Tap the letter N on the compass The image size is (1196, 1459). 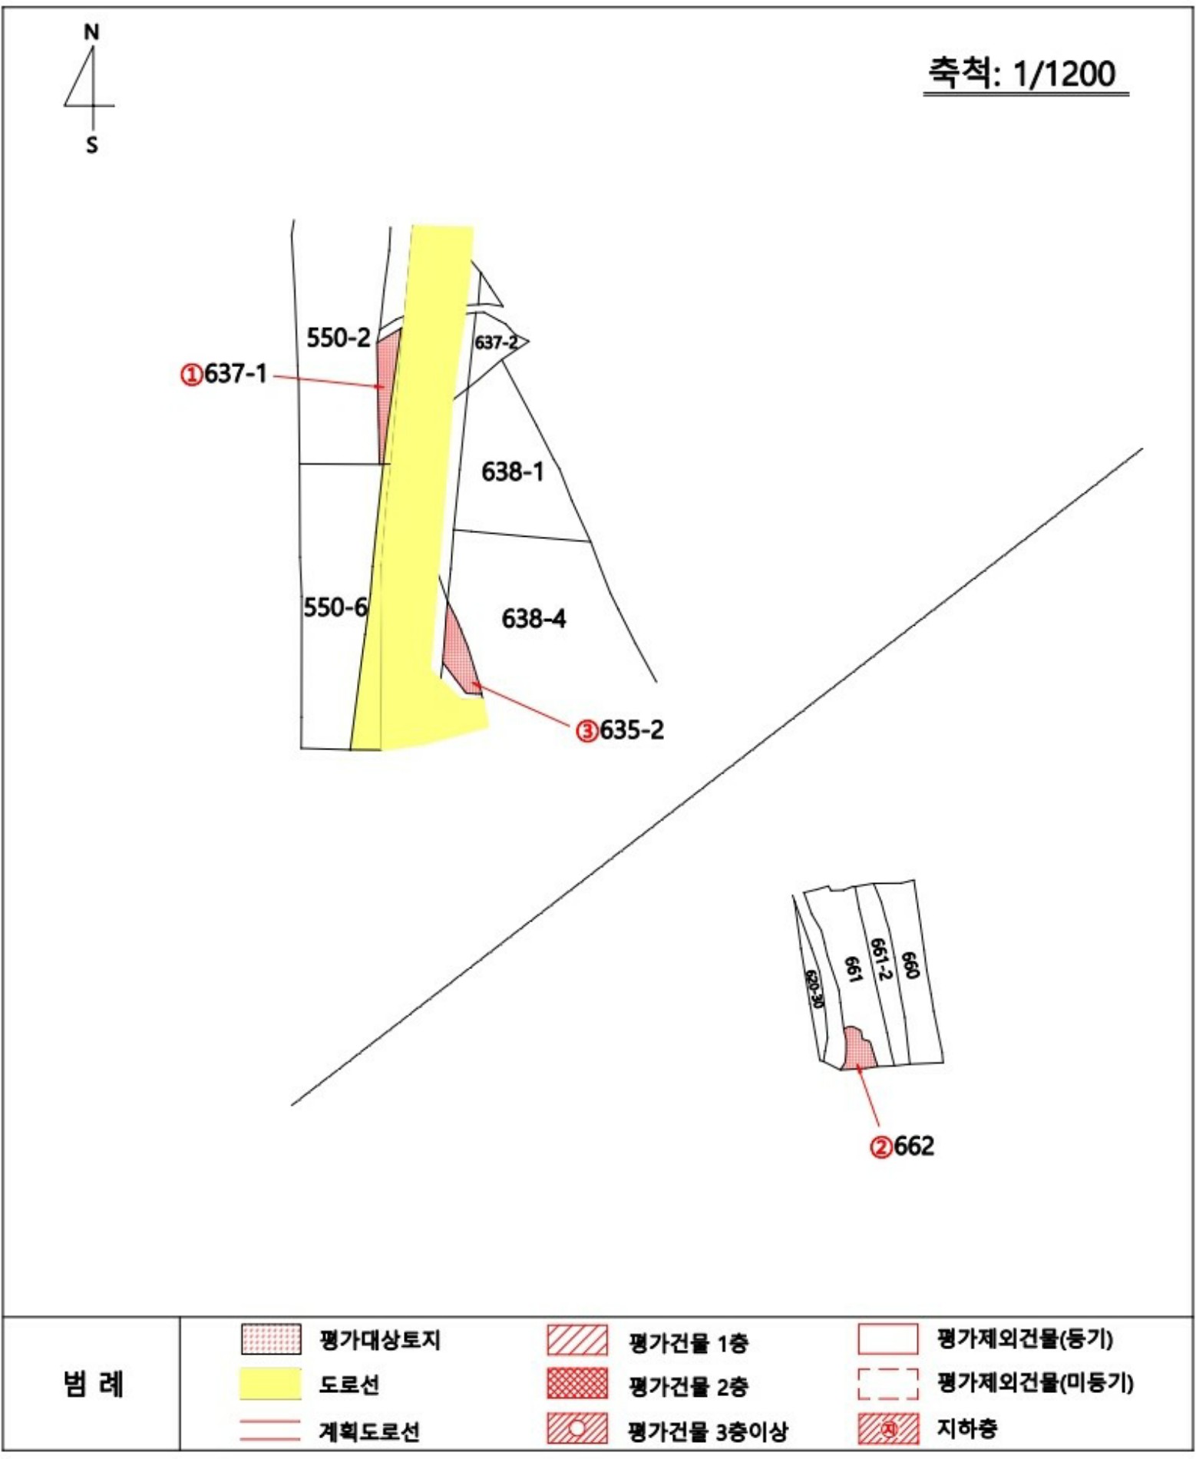pyautogui.click(x=92, y=32)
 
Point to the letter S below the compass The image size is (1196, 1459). pyautogui.click(x=92, y=145)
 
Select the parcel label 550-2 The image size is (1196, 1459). pyautogui.click(x=339, y=337)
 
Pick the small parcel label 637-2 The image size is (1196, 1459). pyautogui.click(x=496, y=342)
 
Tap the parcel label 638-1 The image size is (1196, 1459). pyautogui.click(x=513, y=471)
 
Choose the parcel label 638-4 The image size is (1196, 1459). pyautogui.click(x=534, y=618)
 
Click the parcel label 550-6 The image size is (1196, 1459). pyautogui.click(x=335, y=607)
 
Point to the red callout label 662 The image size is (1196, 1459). pyautogui.click(x=903, y=1146)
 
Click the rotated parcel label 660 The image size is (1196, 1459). pyautogui.click(x=910, y=965)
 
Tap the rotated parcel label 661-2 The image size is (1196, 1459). pyautogui.click(x=880, y=959)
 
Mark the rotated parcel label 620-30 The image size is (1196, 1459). pyautogui.click(x=814, y=989)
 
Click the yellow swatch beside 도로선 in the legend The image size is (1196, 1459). pyautogui.click(x=271, y=1384)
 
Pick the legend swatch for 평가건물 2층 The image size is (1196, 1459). pyautogui.click(x=577, y=1383)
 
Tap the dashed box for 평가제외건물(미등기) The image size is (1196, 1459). pyautogui.click(x=888, y=1384)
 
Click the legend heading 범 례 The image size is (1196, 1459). pyautogui.click(x=93, y=1384)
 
